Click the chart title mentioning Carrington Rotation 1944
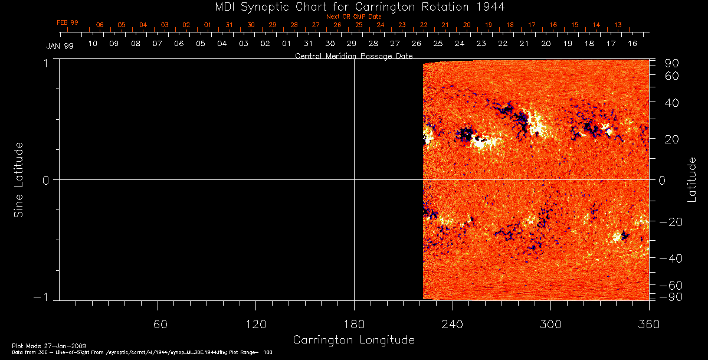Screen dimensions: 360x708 click(x=353, y=6)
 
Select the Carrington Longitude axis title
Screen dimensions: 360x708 click(x=353, y=340)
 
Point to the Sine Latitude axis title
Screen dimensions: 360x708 click(x=19, y=179)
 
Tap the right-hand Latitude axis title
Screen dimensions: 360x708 click(x=692, y=179)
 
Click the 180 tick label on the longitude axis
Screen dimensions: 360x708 click(x=353, y=324)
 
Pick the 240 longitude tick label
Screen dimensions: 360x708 click(x=452, y=324)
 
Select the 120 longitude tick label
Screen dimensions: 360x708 click(x=255, y=324)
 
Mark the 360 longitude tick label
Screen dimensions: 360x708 click(x=648, y=324)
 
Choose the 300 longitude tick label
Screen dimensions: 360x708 click(x=550, y=324)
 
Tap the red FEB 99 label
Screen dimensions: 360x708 click(x=67, y=22)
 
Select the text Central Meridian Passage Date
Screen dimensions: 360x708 click(x=353, y=56)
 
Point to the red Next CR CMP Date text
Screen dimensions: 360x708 click(x=353, y=17)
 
